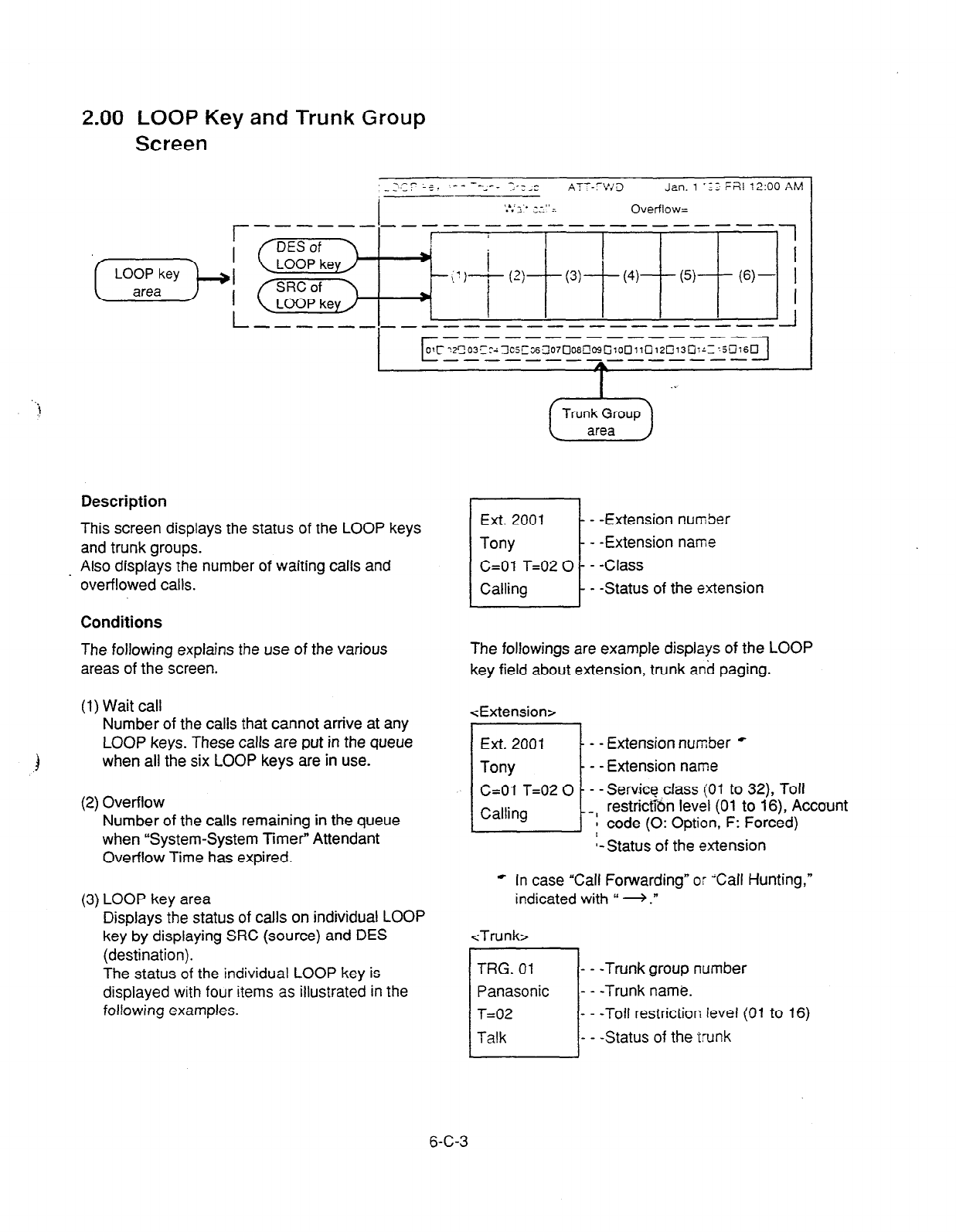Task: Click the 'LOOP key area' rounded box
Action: coord(147,283)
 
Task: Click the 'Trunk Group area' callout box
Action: coord(600,422)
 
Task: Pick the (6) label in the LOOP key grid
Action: coord(747,276)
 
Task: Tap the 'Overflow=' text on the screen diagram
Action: coord(659,209)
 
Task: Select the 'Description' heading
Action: coord(124,502)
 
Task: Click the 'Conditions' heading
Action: coord(121,622)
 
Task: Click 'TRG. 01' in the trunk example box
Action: coord(505,968)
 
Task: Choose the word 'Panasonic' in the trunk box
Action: coord(513,991)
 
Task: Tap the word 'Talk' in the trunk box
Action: coord(492,1037)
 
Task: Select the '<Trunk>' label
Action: coord(498,936)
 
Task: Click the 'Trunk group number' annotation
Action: coord(675,968)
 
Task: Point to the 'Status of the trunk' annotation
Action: coord(668,1037)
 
